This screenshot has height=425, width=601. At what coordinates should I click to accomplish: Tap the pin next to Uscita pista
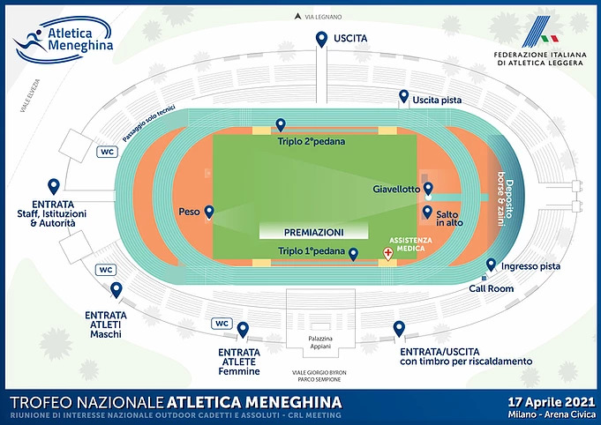point(404,97)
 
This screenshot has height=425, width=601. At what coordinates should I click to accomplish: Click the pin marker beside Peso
point(210,212)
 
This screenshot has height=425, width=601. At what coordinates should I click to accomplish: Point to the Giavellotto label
point(398,189)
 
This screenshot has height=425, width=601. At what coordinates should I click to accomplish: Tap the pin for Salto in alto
point(428,212)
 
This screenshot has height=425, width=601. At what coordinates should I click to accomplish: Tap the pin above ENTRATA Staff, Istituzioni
point(54,186)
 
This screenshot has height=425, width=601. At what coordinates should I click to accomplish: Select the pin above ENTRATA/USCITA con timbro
point(399,329)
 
